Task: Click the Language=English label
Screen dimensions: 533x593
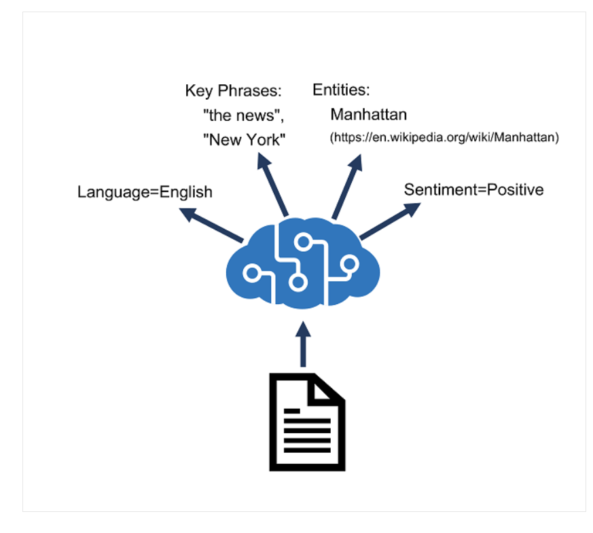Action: (x=145, y=192)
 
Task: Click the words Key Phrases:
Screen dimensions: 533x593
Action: (x=233, y=91)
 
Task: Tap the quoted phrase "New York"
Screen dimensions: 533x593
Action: (x=245, y=140)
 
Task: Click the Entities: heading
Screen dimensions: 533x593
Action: (x=341, y=90)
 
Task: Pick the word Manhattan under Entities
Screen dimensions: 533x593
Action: (x=368, y=113)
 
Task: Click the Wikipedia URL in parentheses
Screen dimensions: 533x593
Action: (x=444, y=138)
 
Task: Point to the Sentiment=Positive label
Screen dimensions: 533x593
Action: (x=473, y=189)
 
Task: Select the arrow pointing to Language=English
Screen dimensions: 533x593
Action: (x=211, y=225)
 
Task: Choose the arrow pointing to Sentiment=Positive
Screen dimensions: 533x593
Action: (x=391, y=221)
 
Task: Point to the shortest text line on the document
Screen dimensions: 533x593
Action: (x=292, y=410)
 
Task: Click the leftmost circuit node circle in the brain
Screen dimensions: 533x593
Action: (x=252, y=273)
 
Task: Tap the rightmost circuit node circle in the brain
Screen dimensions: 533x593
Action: (x=350, y=263)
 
